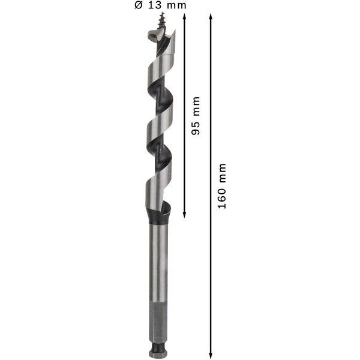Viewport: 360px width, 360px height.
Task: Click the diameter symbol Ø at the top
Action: coord(139,5)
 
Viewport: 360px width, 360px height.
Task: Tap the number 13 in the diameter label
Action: coord(155,5)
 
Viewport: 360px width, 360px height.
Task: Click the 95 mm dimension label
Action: coord(196,116)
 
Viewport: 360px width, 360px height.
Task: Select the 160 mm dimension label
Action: coord(222,186)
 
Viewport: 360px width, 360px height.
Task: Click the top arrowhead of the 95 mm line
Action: coord(184,16)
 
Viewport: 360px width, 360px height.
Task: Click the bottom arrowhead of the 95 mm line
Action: coord(184,215)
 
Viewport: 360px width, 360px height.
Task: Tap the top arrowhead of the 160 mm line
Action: coord(211,17)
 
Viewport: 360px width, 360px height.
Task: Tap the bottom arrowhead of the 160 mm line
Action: coord(211,356)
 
